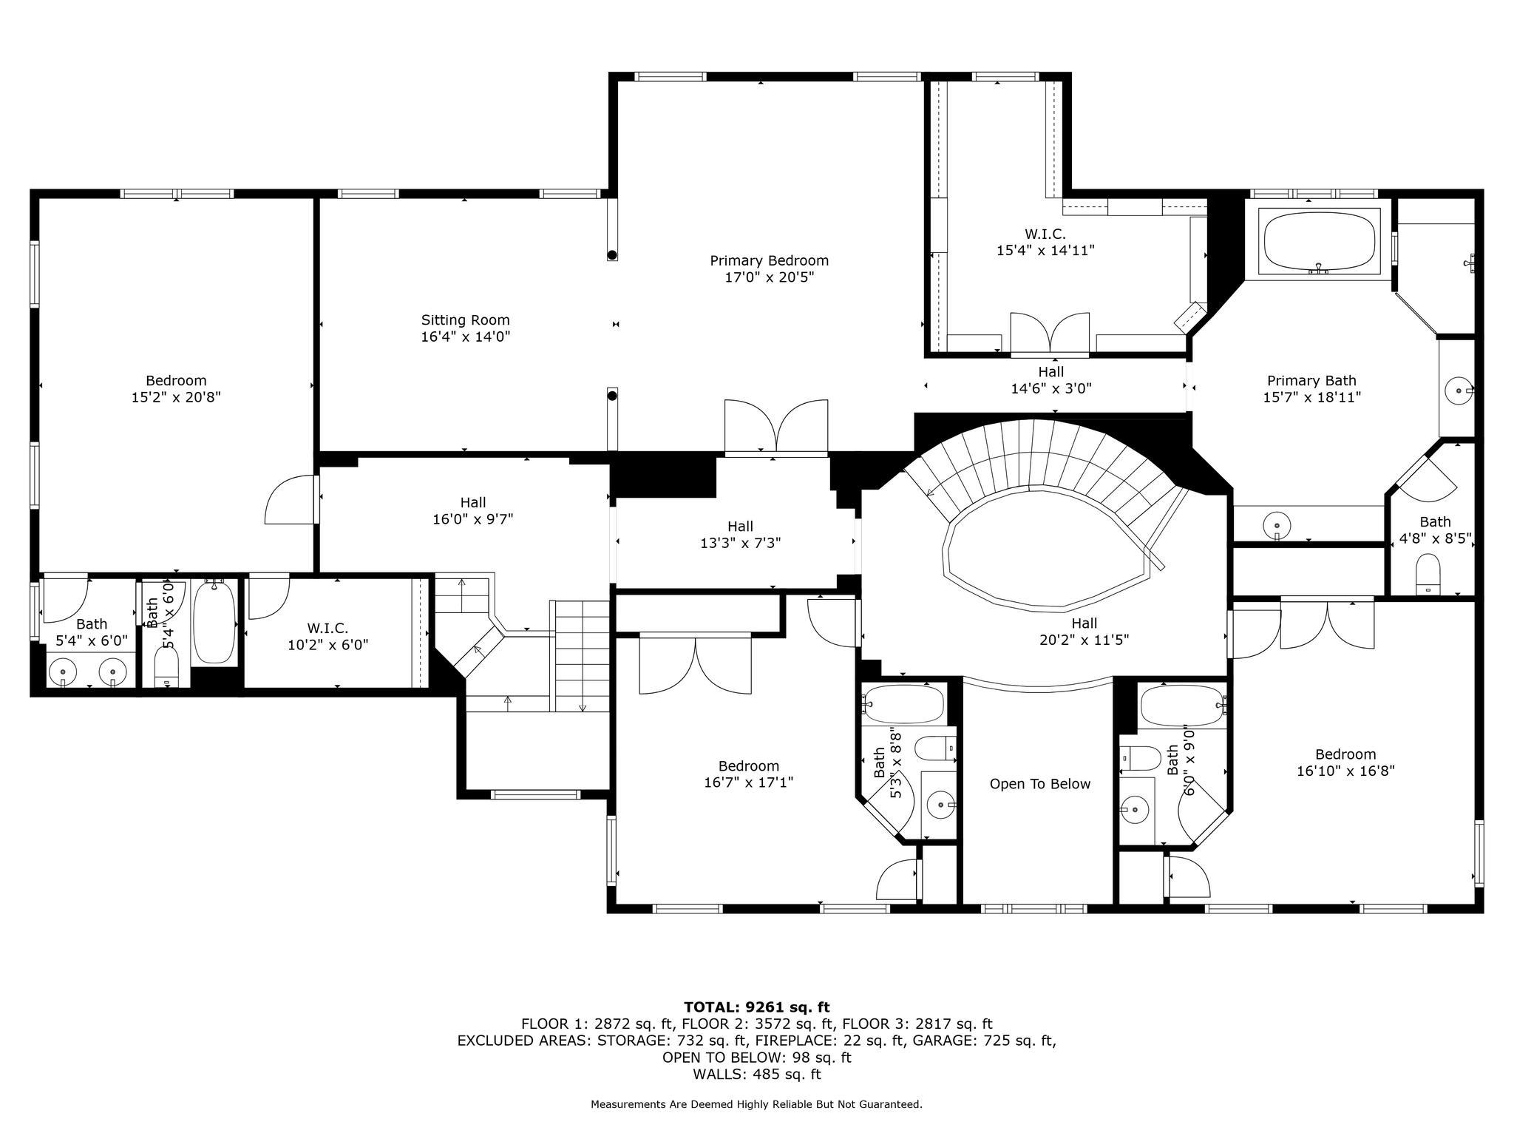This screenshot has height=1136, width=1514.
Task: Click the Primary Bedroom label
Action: click(x=769, y=261)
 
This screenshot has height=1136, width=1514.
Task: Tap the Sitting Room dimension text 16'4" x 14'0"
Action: click(x=465, y=337)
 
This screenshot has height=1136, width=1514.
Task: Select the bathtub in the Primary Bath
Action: click(x=1320, y=243)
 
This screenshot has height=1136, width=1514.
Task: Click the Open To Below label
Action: click(x=1039, y=784)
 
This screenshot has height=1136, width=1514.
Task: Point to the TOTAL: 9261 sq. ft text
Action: click(x=756, y=1007)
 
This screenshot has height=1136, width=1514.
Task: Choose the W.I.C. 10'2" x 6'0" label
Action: click(x=327, y=636)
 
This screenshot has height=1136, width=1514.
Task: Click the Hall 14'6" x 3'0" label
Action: click(x=1050, y=380)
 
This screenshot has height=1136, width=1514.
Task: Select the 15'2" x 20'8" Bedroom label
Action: click(x=176, y=389)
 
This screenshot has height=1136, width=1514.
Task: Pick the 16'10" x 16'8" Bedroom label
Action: click(x=1345, y=763)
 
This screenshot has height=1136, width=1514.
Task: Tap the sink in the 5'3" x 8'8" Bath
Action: click(x=940, y=803)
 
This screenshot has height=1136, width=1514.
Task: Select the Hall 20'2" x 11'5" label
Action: click(x=1084, y=632)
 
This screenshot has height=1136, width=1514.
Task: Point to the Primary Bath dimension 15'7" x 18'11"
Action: click(x=1311, y=397)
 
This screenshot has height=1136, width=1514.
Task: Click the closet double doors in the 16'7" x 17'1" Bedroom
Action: click(x=695, y=665)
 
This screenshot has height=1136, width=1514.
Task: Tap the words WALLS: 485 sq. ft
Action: click(x=756, y=1075)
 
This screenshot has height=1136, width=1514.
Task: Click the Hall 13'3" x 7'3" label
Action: click(x=740, y=535)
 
